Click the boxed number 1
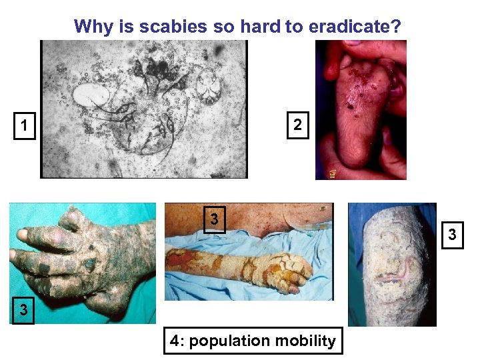point(24,125)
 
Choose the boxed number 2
point(297,125)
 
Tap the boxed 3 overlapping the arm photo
point(214,219)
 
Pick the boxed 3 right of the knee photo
point(453,235)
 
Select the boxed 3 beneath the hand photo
point(24,310)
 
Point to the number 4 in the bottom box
point(175,341)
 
